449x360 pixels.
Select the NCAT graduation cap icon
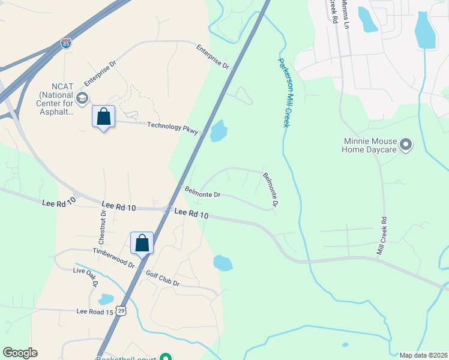(x=82, y=98)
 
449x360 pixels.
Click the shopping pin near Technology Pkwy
(x=103, y=116)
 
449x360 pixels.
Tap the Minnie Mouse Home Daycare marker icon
(x=406, y=145)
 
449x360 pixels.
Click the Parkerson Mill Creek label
(x=284, y=92)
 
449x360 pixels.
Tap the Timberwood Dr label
(x=113, y=257)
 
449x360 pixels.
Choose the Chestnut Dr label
(x=103, y=221)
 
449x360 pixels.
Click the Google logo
(x=20, y=353)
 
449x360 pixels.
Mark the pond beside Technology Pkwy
(x=218, y=131)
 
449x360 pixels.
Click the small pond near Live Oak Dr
(x=106, y=299)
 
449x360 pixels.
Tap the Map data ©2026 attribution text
(x=423, y=355)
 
